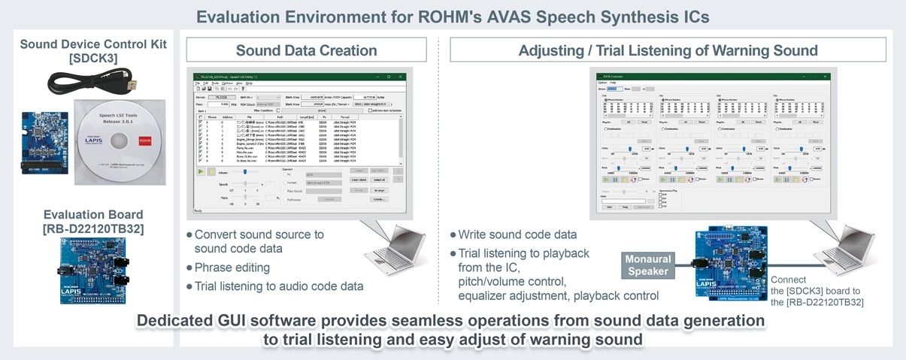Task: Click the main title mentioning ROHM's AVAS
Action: coord(453,16)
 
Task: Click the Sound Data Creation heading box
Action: coord(306,50)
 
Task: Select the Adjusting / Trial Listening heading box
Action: coord(668,50)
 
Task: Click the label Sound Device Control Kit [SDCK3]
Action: coord(93,51)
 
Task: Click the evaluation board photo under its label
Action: coord(92,270)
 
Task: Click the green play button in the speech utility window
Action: coord(201,171)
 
